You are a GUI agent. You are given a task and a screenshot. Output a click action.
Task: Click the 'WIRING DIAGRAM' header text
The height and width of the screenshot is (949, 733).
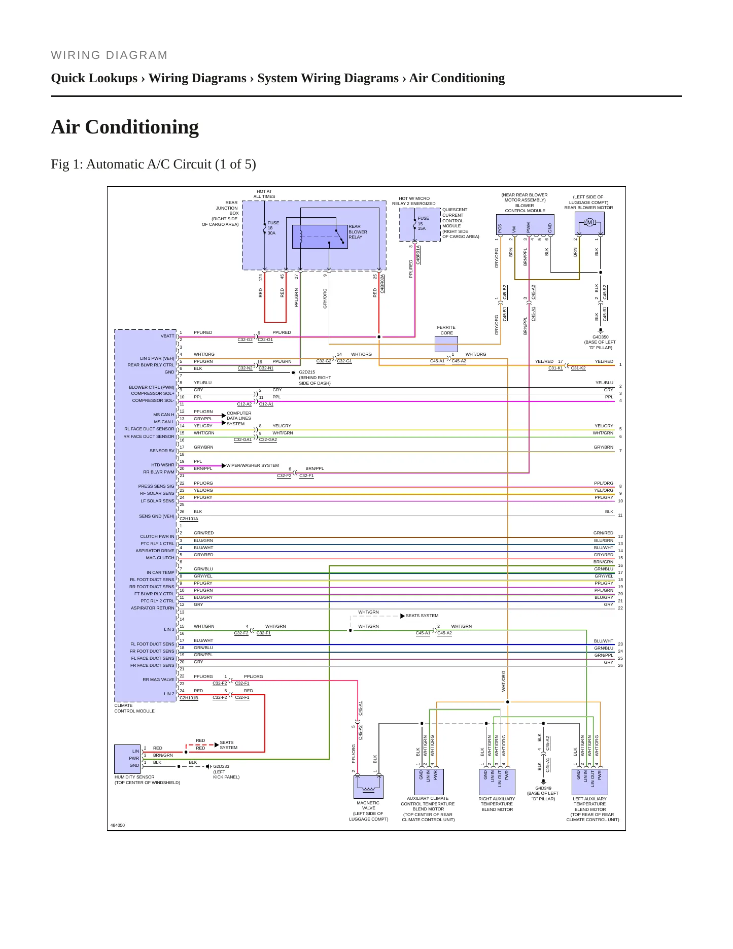(109, 55)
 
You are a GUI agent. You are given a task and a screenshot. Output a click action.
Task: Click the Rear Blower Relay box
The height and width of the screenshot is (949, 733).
(320, 236)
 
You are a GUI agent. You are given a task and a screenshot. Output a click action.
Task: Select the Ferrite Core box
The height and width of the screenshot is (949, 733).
(446, 344)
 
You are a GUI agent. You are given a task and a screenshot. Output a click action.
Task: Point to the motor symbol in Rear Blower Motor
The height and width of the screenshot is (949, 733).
(589, 222)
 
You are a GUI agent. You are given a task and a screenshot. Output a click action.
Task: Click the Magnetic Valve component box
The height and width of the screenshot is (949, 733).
(368, 787)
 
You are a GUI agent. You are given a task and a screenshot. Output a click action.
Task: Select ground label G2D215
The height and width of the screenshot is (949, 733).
(307, 372)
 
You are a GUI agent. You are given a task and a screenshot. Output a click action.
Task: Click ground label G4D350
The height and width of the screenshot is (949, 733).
(600, 337)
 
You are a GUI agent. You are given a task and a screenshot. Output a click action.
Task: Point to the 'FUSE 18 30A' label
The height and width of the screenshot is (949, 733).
(273, 228)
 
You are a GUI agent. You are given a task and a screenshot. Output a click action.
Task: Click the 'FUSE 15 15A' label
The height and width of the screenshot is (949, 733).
(423, 223)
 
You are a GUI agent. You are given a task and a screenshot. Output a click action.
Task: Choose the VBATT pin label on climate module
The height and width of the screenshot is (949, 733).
(167, 336)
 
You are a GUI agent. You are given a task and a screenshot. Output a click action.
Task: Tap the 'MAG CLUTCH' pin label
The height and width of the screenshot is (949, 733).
(160, 558)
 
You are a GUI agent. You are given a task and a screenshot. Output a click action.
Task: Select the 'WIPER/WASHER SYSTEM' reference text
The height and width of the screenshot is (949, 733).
(253, 465)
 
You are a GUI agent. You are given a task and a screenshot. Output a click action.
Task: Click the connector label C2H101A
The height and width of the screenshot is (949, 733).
(189, 519)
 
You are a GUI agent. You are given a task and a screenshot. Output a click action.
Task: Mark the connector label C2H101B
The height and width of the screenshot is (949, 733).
(189, 698)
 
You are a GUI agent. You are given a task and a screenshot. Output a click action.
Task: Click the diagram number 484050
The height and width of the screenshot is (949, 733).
(118, 825)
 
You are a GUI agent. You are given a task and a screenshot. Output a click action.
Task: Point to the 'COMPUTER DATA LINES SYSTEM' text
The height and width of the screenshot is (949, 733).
(239, 419)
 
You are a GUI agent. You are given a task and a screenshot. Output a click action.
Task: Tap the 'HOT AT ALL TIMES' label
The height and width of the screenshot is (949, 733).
(264, 194)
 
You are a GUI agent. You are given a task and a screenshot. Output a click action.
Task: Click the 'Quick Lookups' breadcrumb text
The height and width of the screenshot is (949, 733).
(94, 78)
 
